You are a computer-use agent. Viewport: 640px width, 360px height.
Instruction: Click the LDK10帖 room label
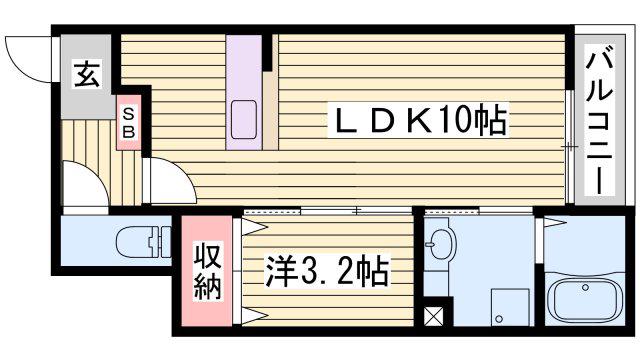coord(420,120)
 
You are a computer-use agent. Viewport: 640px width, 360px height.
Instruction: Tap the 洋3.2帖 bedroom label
coord(327,271)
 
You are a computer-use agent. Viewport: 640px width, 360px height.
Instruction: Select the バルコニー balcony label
coord(600,121)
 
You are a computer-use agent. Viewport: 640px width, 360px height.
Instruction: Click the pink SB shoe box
coord(129,122)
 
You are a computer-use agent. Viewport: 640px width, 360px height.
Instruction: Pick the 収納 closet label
coord(208,271)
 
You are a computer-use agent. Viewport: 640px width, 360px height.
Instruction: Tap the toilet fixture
coord(143,242)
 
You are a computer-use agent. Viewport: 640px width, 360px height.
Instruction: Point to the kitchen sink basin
coord(244,120)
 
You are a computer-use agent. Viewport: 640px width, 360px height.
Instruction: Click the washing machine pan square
coord(510,307)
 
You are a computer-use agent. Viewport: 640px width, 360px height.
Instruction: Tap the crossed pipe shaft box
coord(433,316)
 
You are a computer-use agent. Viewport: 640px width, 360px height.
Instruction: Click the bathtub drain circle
coord(586,288)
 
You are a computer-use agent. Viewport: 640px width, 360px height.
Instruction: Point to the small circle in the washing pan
coord(498,318)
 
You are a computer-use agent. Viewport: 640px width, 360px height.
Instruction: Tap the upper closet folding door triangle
coord(253,227)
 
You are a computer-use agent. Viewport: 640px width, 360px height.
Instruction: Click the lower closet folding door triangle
coord(253,316)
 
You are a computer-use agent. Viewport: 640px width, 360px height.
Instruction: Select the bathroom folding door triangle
coord(555,223)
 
